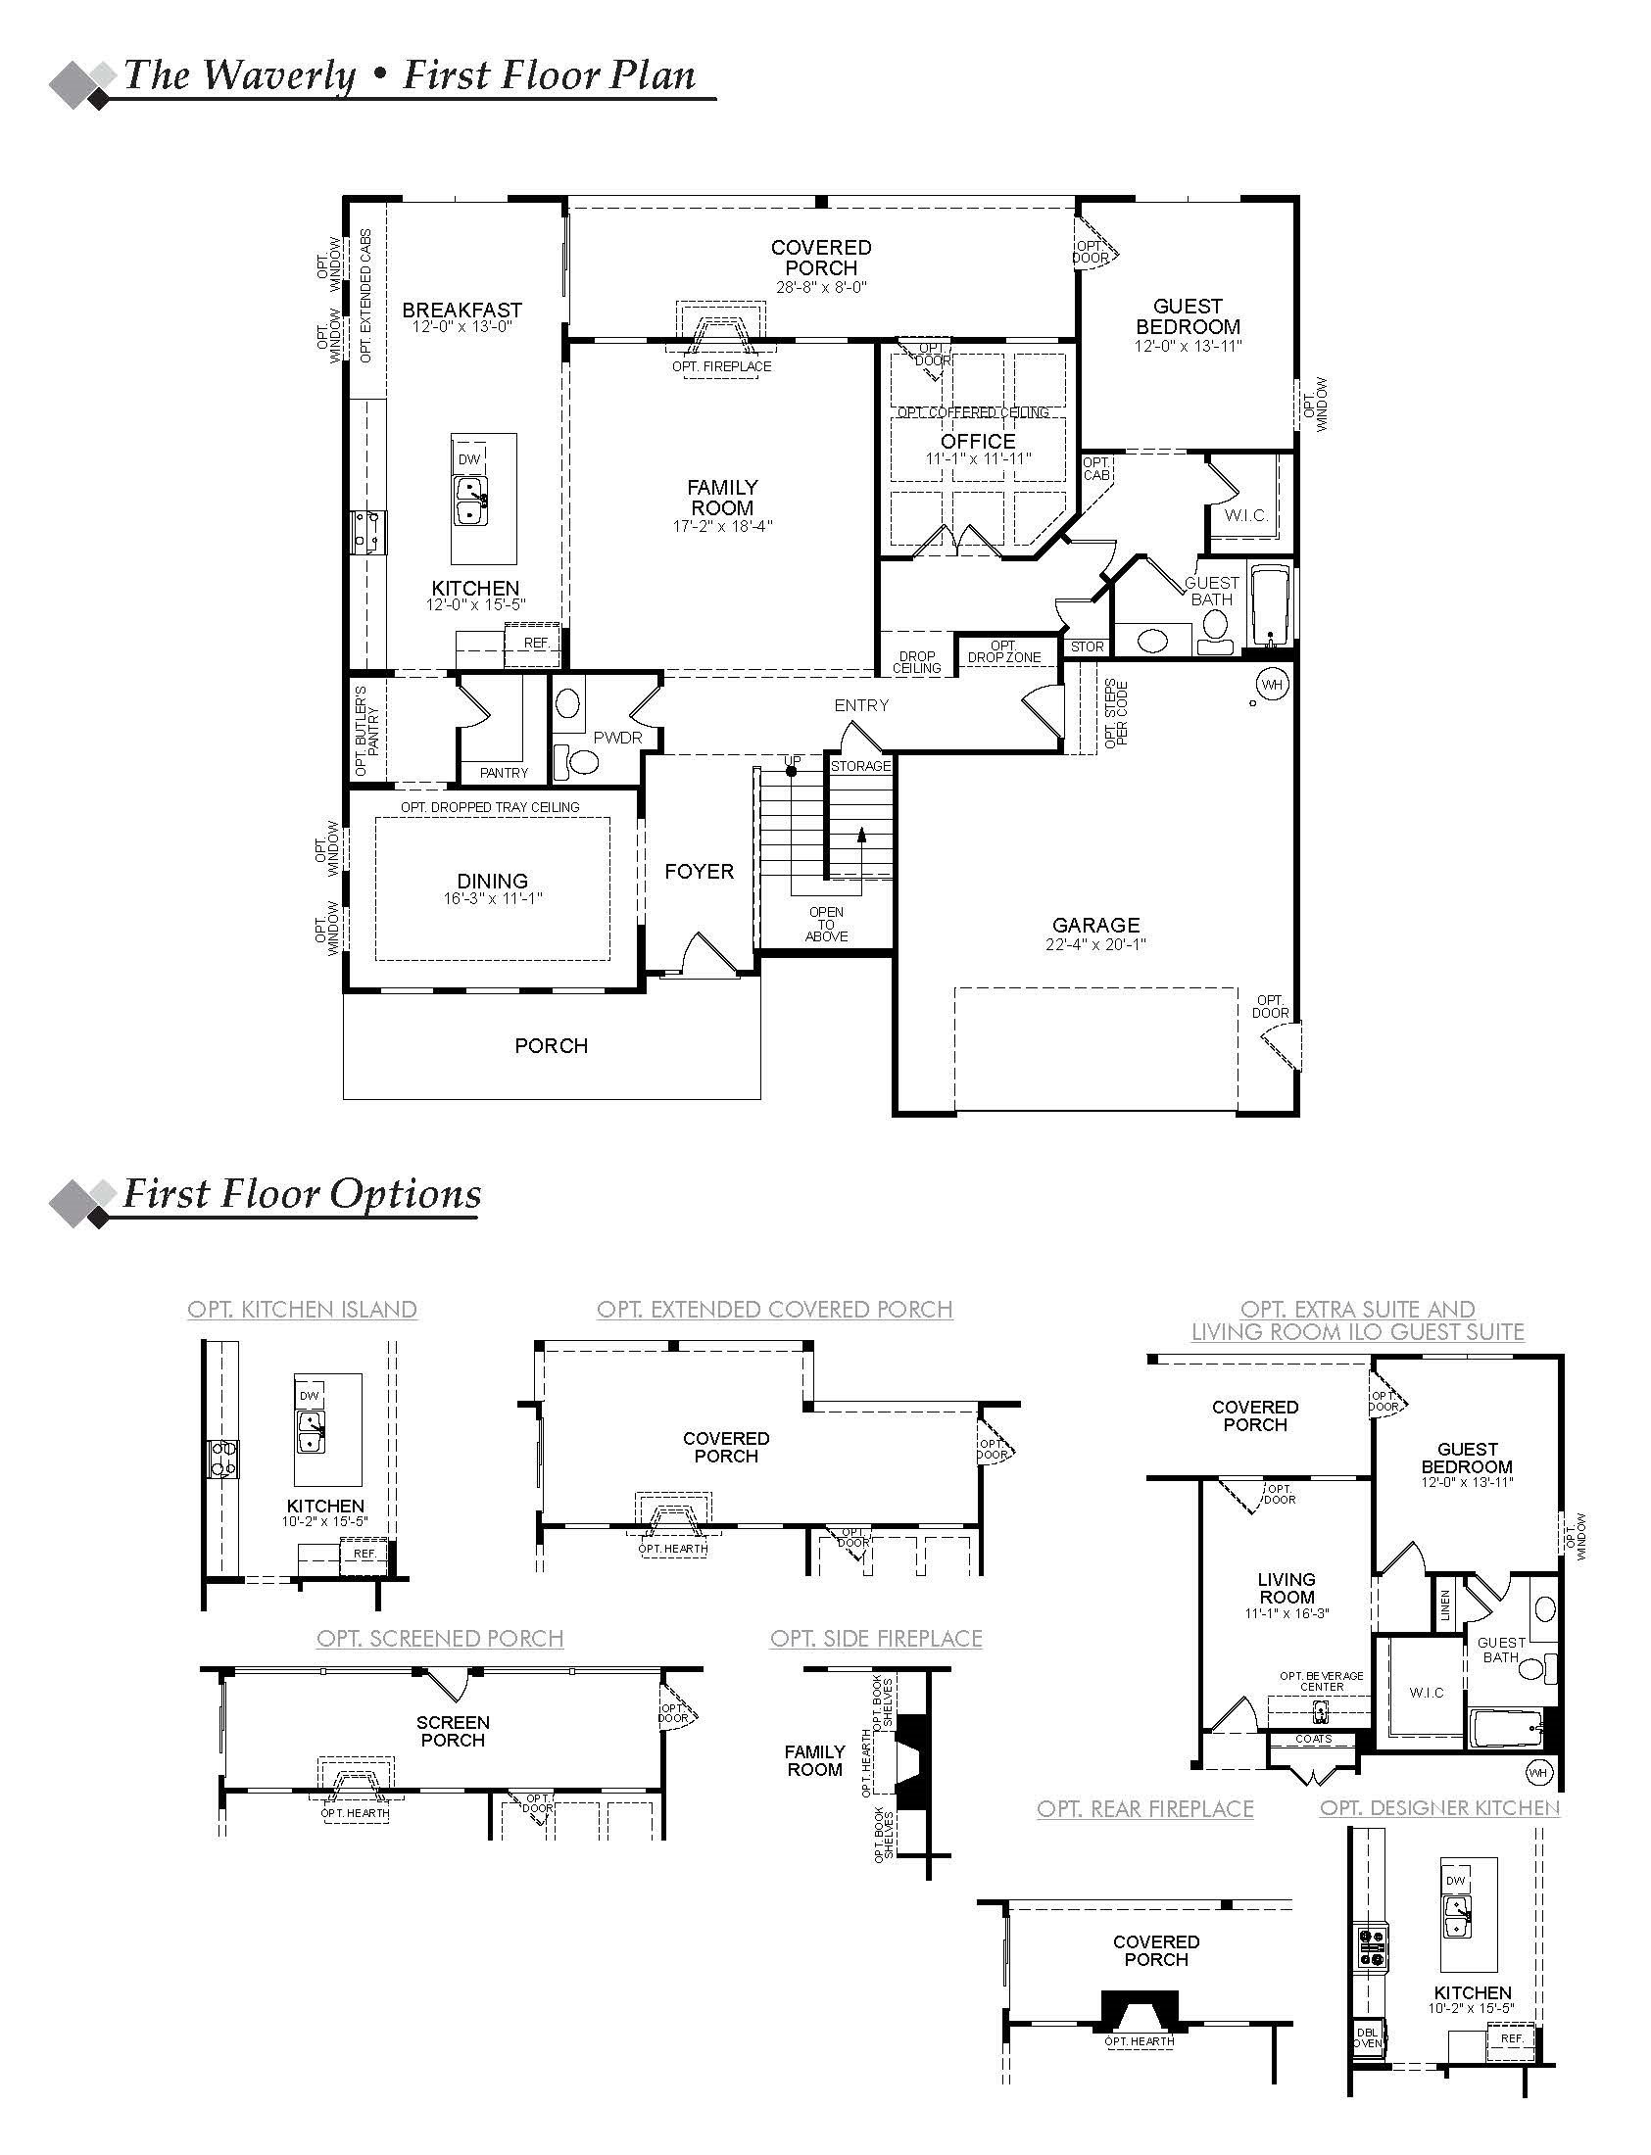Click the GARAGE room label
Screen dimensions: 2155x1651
pyautogui.click(x=1095, y=926)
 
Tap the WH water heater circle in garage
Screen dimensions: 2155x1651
pyautogui.click(x=1272, y=685)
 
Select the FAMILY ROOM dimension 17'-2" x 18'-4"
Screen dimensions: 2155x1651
pyautogui.click(x=722, y=526)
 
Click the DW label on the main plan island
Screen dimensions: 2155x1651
pyautogui.click(x=468, y=459)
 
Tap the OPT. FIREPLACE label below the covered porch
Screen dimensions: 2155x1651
pyautogui.click(x=721, y=366)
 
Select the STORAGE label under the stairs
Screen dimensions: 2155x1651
pyautogui.click(x=860, y=766)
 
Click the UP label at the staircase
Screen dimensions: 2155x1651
pyautogui.click(x=792, y=760)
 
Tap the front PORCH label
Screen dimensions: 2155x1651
pyautogui.click(x=552, y=1046)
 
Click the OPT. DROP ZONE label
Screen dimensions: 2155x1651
pyautogui.click(x=1003, y=652)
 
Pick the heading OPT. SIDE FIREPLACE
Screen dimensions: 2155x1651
pyautogui.click(x=876, y=1639)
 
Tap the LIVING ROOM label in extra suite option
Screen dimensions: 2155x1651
pyautogui.click(x=1286, y=1588)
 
